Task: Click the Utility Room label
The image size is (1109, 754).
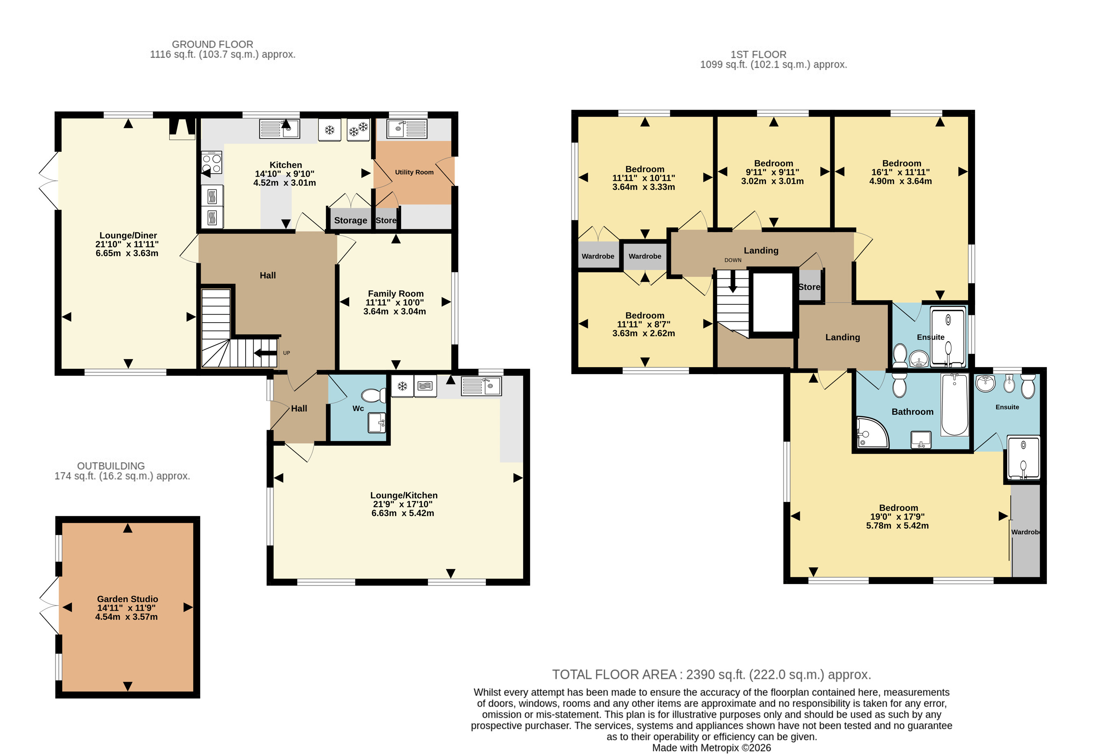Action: [414, 172]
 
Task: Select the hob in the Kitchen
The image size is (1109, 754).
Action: [212, 163]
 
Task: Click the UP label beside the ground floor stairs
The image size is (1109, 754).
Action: [286, 353]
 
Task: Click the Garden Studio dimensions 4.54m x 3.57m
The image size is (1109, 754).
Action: [127, 617]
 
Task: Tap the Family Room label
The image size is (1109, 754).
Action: [396, 294]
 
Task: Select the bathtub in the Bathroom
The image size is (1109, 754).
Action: [955, 405]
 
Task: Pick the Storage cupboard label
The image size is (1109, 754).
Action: [351, 220]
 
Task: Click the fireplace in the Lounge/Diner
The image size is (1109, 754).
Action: [182, 129]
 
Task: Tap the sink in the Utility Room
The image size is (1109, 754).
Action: [407, 129]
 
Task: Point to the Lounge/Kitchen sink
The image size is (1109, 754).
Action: [481, 386]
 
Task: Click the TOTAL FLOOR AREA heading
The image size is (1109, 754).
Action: [712, 675]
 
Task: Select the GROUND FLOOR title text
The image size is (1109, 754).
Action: [212, 44]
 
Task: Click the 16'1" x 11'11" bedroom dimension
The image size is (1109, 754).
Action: [900, 172]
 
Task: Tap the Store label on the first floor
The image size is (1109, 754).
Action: [809, 287]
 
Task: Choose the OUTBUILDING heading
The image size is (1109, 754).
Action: [111, 466]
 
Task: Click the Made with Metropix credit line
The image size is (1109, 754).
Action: [712, 748]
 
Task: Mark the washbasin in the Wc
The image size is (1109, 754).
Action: [377, 422]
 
